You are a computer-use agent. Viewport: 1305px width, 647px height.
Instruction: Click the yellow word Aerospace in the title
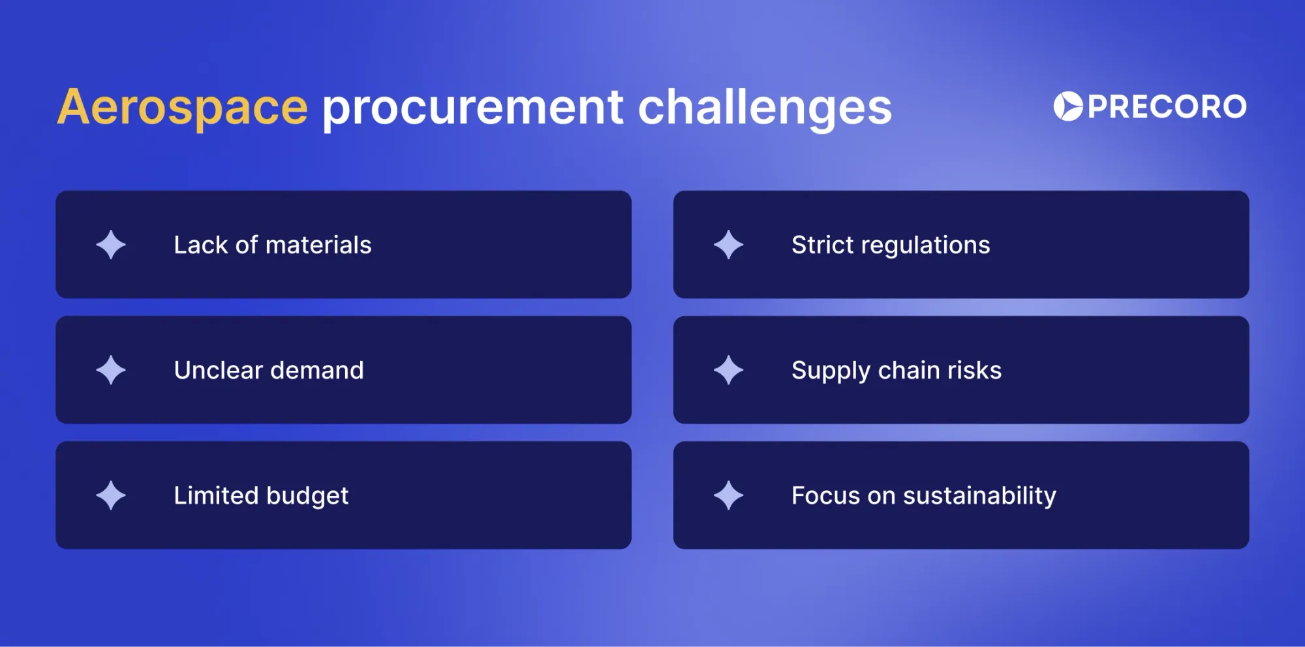pos(182,108)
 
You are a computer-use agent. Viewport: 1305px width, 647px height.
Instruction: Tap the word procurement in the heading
pos(473,108)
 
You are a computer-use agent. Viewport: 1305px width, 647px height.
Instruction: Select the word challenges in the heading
pos(764,108)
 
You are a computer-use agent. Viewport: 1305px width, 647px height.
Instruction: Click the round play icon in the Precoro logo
pos(1068,106)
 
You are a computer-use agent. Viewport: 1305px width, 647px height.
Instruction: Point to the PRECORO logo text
pos(1167,106)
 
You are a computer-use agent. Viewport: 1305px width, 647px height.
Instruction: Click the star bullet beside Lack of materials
pos(111,245)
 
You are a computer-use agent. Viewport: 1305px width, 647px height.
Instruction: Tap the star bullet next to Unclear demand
pos(111,370)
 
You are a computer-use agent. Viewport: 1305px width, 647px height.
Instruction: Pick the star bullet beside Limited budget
pos(111,496)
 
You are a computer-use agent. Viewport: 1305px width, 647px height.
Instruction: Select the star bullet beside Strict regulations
pos(728,245)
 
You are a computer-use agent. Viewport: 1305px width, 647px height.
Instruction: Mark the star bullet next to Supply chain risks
pos(728,370)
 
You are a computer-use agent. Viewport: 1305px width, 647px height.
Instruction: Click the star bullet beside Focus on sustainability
pos(728,496)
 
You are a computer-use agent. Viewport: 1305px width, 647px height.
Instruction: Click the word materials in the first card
pos(318,245)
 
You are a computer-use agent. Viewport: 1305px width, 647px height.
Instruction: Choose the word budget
pos(307,496)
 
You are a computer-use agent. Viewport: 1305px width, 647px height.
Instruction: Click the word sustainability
pos(979,496)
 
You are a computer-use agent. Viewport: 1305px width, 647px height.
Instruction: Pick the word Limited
pos(216,496)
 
